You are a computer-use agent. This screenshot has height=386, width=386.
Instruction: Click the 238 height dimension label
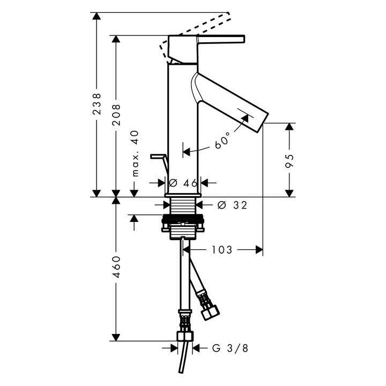96,103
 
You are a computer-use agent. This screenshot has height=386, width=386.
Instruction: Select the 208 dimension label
116,115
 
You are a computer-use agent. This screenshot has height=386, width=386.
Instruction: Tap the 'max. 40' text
135,154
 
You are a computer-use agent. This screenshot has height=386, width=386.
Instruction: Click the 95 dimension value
289,161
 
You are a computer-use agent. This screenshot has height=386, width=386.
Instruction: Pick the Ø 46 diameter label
183,183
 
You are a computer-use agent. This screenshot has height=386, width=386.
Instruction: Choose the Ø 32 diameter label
232,205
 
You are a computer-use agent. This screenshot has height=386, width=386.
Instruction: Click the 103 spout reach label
222,250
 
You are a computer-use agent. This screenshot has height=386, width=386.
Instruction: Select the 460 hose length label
116,267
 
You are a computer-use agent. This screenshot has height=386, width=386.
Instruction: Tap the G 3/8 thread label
231,348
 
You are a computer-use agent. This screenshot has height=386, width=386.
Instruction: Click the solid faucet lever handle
221,40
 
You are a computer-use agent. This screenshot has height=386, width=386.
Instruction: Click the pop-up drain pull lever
159,162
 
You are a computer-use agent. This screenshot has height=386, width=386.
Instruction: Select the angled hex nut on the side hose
210,312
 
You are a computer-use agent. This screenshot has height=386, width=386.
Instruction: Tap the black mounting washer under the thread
183,218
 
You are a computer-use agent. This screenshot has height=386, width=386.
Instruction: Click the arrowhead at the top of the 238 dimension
96,16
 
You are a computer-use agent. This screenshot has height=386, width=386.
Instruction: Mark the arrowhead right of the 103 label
259,250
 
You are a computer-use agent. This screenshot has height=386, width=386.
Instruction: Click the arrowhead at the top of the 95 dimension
289,127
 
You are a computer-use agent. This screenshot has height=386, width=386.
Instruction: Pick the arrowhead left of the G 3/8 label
174,348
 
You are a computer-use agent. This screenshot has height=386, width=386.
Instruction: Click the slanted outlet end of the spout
263,122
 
